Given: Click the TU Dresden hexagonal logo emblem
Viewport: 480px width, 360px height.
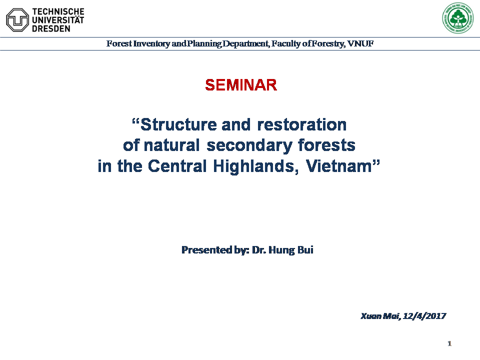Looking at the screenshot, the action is pos(17,20).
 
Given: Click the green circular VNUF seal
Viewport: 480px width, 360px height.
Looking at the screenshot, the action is pos(457,18).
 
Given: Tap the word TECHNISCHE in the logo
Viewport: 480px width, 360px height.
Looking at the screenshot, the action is pos(58,11).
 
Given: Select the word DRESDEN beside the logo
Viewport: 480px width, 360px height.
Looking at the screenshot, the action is pos(51,28).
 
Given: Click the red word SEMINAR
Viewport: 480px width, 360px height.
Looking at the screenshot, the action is pos(241,85).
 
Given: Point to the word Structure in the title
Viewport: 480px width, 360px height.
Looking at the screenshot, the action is pos(179,124).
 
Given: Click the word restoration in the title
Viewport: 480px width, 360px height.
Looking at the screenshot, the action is pos(302,124).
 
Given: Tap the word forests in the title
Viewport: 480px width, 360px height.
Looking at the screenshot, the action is pos(326,145).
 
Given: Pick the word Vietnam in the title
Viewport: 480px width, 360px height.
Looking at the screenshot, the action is pos(338,166).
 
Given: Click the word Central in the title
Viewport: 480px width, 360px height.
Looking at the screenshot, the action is pos(177,166).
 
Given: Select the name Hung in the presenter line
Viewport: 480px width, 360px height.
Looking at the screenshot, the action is pos(281,250).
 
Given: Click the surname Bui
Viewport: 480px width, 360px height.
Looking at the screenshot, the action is pos(305,250).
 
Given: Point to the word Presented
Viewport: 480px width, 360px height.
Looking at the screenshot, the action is pos(206,250).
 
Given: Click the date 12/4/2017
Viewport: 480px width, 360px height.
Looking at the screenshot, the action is pos(424,316).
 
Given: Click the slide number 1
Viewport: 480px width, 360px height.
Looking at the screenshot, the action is pos(449,343).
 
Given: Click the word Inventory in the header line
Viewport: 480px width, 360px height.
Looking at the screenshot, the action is pos(151,44).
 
